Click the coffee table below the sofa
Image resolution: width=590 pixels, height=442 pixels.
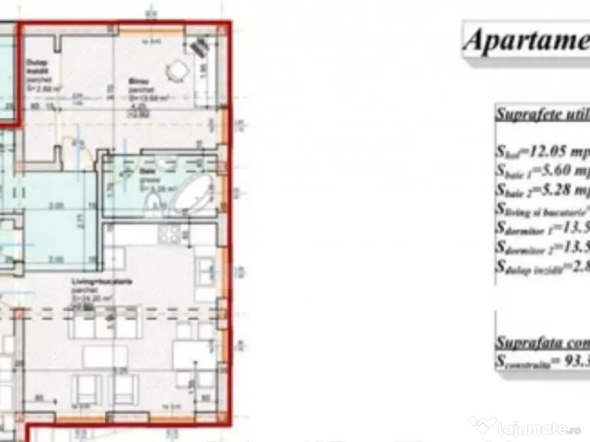pyautogui.click(x=105, y=356)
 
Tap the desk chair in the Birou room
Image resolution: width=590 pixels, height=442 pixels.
pyautogui.click(x=176, y=71)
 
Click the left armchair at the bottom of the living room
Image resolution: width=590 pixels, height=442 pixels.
pyautogui.click(x=89, y=389)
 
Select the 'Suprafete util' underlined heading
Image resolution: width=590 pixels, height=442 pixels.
pyautogui.click(x=542, y=113)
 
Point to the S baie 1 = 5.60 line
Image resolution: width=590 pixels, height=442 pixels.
pyautogui.click(x=542, y=171)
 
